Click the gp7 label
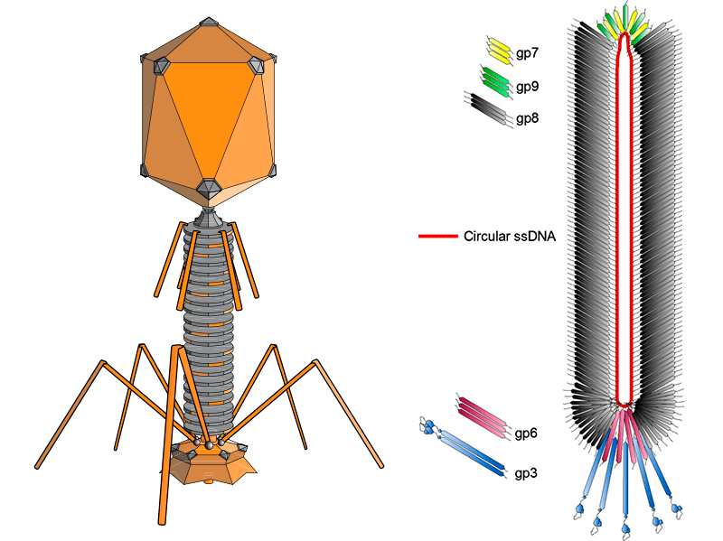527,53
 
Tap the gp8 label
527,117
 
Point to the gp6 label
526,434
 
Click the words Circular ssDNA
509,238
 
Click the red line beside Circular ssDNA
437,238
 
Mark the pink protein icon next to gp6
484,413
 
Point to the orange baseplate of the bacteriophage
209,466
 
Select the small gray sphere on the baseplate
210,443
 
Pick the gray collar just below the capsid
208,218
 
